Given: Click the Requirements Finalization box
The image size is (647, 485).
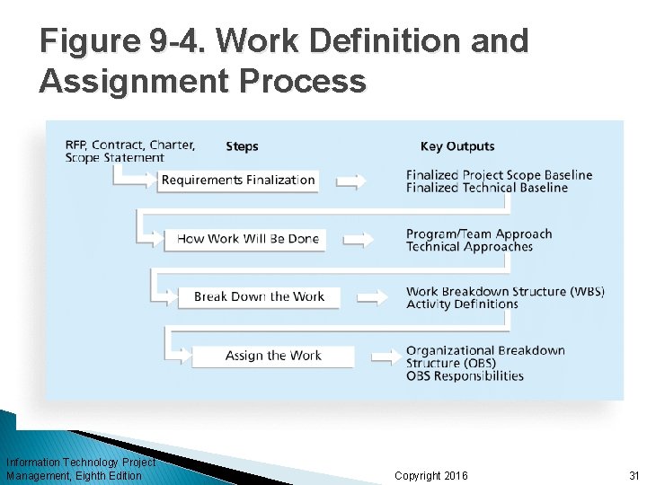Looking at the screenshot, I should coord(238,181).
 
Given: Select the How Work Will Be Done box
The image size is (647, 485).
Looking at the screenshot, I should coord(248,239).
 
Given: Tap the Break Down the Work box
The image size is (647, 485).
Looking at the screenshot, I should coord(259,296).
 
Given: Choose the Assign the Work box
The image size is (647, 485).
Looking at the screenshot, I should coord(273,356).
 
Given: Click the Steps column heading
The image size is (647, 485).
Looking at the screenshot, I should coord(242,146).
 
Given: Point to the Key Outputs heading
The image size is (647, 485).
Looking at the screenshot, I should coord(457,146).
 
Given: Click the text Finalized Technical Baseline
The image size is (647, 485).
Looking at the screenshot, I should coord(487,188).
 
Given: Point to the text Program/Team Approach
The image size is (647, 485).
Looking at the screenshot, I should coord(479,234).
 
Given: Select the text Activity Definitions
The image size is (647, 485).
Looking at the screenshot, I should coord(462,304).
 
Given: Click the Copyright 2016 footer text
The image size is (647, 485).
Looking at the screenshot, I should coord(430,475).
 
